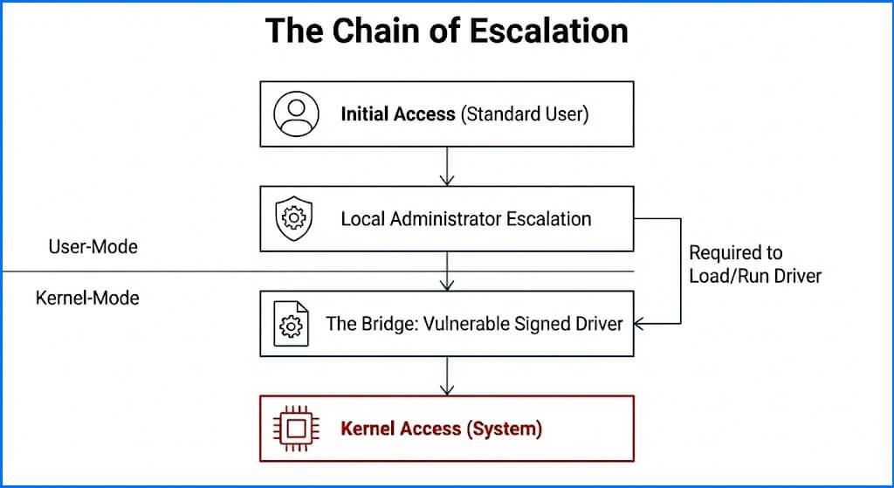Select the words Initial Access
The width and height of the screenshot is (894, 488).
click(398, 114)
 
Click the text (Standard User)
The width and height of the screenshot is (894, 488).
click(525, 114)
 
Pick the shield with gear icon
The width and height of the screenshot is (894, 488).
click(292, 217)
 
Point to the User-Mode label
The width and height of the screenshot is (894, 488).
click(93, 247)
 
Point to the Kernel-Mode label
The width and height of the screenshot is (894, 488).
click(87, 298)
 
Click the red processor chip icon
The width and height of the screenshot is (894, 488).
click(294, 429)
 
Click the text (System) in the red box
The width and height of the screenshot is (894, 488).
click(504, 429)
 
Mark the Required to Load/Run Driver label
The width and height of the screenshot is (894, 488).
click(755, 264)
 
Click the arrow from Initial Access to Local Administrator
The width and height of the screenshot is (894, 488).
click(447, 166)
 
